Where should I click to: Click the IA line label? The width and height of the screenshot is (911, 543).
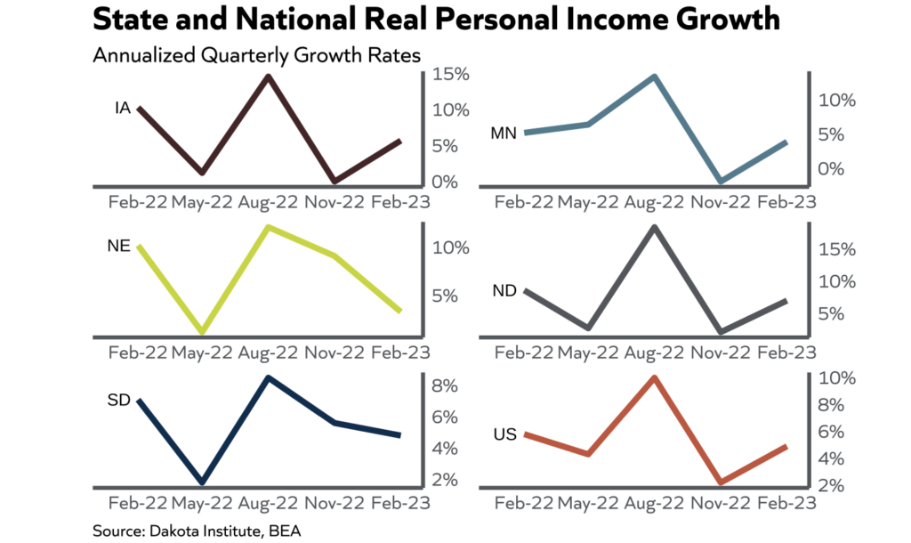(x=123, y=109)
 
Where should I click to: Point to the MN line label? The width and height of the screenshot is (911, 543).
(x=504, y=134)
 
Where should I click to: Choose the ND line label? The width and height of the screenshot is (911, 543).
(x=505, y=291)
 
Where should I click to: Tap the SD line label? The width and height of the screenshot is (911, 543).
(x=120, y=400)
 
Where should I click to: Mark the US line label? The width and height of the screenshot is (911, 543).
(x=504, y=434)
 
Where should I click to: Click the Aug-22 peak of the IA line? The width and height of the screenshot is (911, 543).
(x=268, y=77)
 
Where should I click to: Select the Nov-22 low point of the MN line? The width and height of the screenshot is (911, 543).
(x=721, y=181)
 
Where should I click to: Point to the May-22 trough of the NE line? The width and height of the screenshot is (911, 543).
(x=203, y=331)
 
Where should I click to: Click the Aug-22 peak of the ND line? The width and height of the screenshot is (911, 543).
(x=655, y=227)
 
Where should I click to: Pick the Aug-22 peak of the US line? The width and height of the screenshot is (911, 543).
(x=655, y=377)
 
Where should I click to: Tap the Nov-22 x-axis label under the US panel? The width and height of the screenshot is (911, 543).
(x=721, y=504)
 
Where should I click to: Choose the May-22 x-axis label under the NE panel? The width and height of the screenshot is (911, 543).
(x=203, y=353)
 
